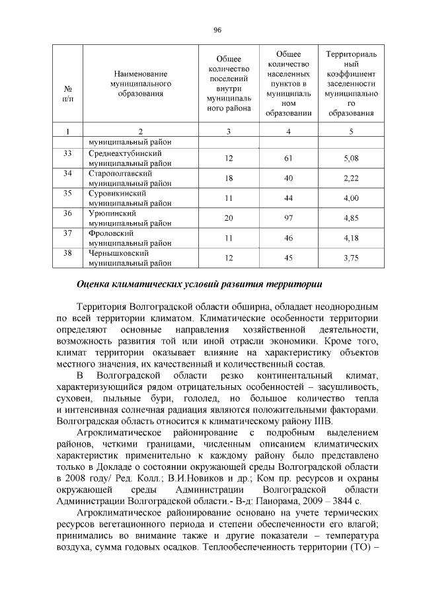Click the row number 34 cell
point(67,173)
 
